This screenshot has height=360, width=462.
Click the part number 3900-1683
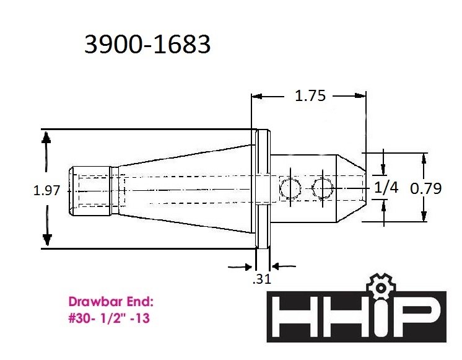[x=147, y=44]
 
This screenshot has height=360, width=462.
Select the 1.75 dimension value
[x=310, y=96]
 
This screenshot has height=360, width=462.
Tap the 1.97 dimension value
[x=47, y=190]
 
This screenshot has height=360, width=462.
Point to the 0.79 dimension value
[x=425, y=188]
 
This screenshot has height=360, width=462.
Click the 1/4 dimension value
[x=386, y=188]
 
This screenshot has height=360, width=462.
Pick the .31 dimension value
[x=261, y=279]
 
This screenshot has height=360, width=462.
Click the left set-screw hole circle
[x=290, y=188]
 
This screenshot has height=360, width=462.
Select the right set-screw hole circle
[x=323, y=188]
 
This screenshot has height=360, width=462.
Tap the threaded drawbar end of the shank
[x=90, y=191]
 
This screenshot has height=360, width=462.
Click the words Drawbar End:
[x=111, y=302]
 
